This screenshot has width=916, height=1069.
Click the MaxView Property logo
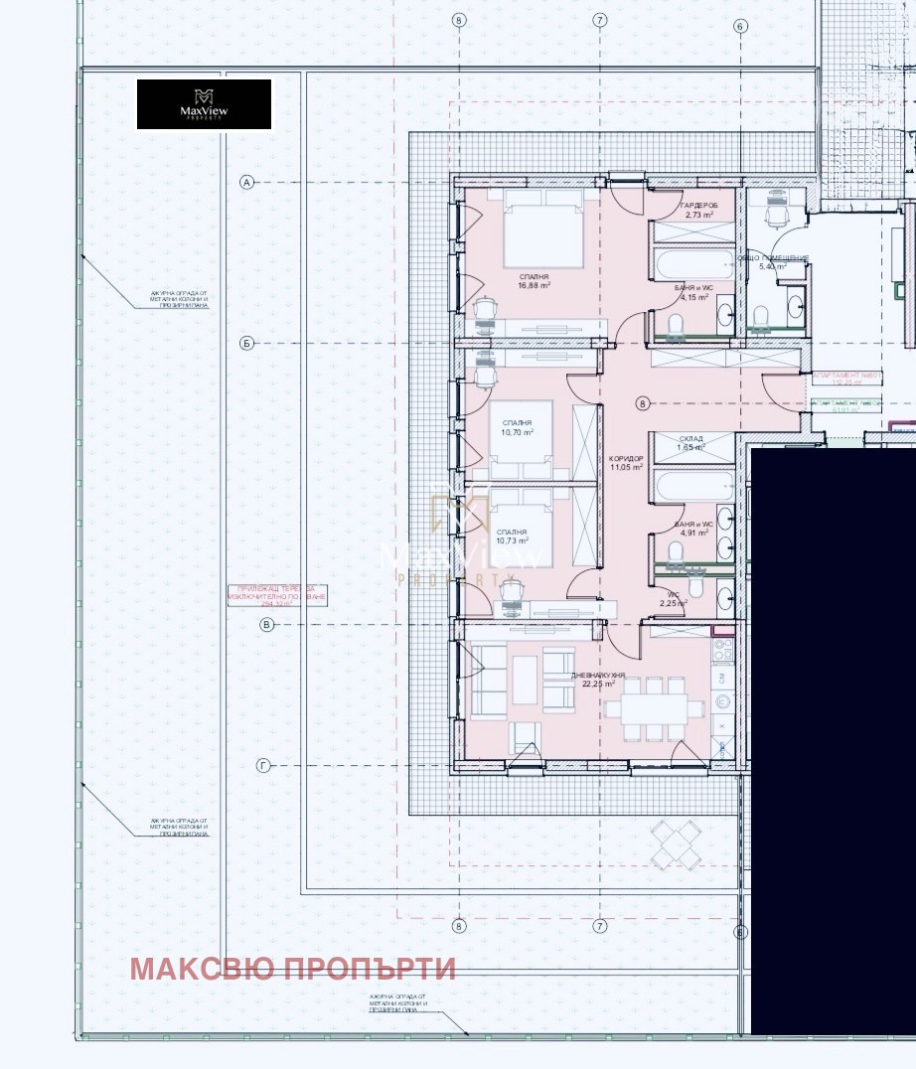pos(204,104)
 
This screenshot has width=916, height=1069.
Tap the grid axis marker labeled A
pos(247,182)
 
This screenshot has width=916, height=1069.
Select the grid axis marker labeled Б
pos(247,344)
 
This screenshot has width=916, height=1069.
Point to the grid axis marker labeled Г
pos(263,766)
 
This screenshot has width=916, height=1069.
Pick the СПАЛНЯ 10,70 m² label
pos(517,427)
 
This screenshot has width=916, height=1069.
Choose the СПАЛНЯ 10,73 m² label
pos(517,537)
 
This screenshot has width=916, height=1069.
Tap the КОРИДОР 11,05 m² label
pos(626,462)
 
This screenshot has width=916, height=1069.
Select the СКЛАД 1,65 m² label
pos(691,443)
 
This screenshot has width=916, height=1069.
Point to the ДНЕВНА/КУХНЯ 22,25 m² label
pos(597,679)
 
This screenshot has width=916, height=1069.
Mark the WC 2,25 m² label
pos(673,599)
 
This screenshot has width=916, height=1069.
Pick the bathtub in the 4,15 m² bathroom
pos(690,265)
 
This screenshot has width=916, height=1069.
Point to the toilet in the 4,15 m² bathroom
pos(675,324)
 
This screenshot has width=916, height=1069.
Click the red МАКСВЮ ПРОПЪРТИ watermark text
pos(293,969)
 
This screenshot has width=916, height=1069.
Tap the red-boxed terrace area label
pos(276,595)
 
